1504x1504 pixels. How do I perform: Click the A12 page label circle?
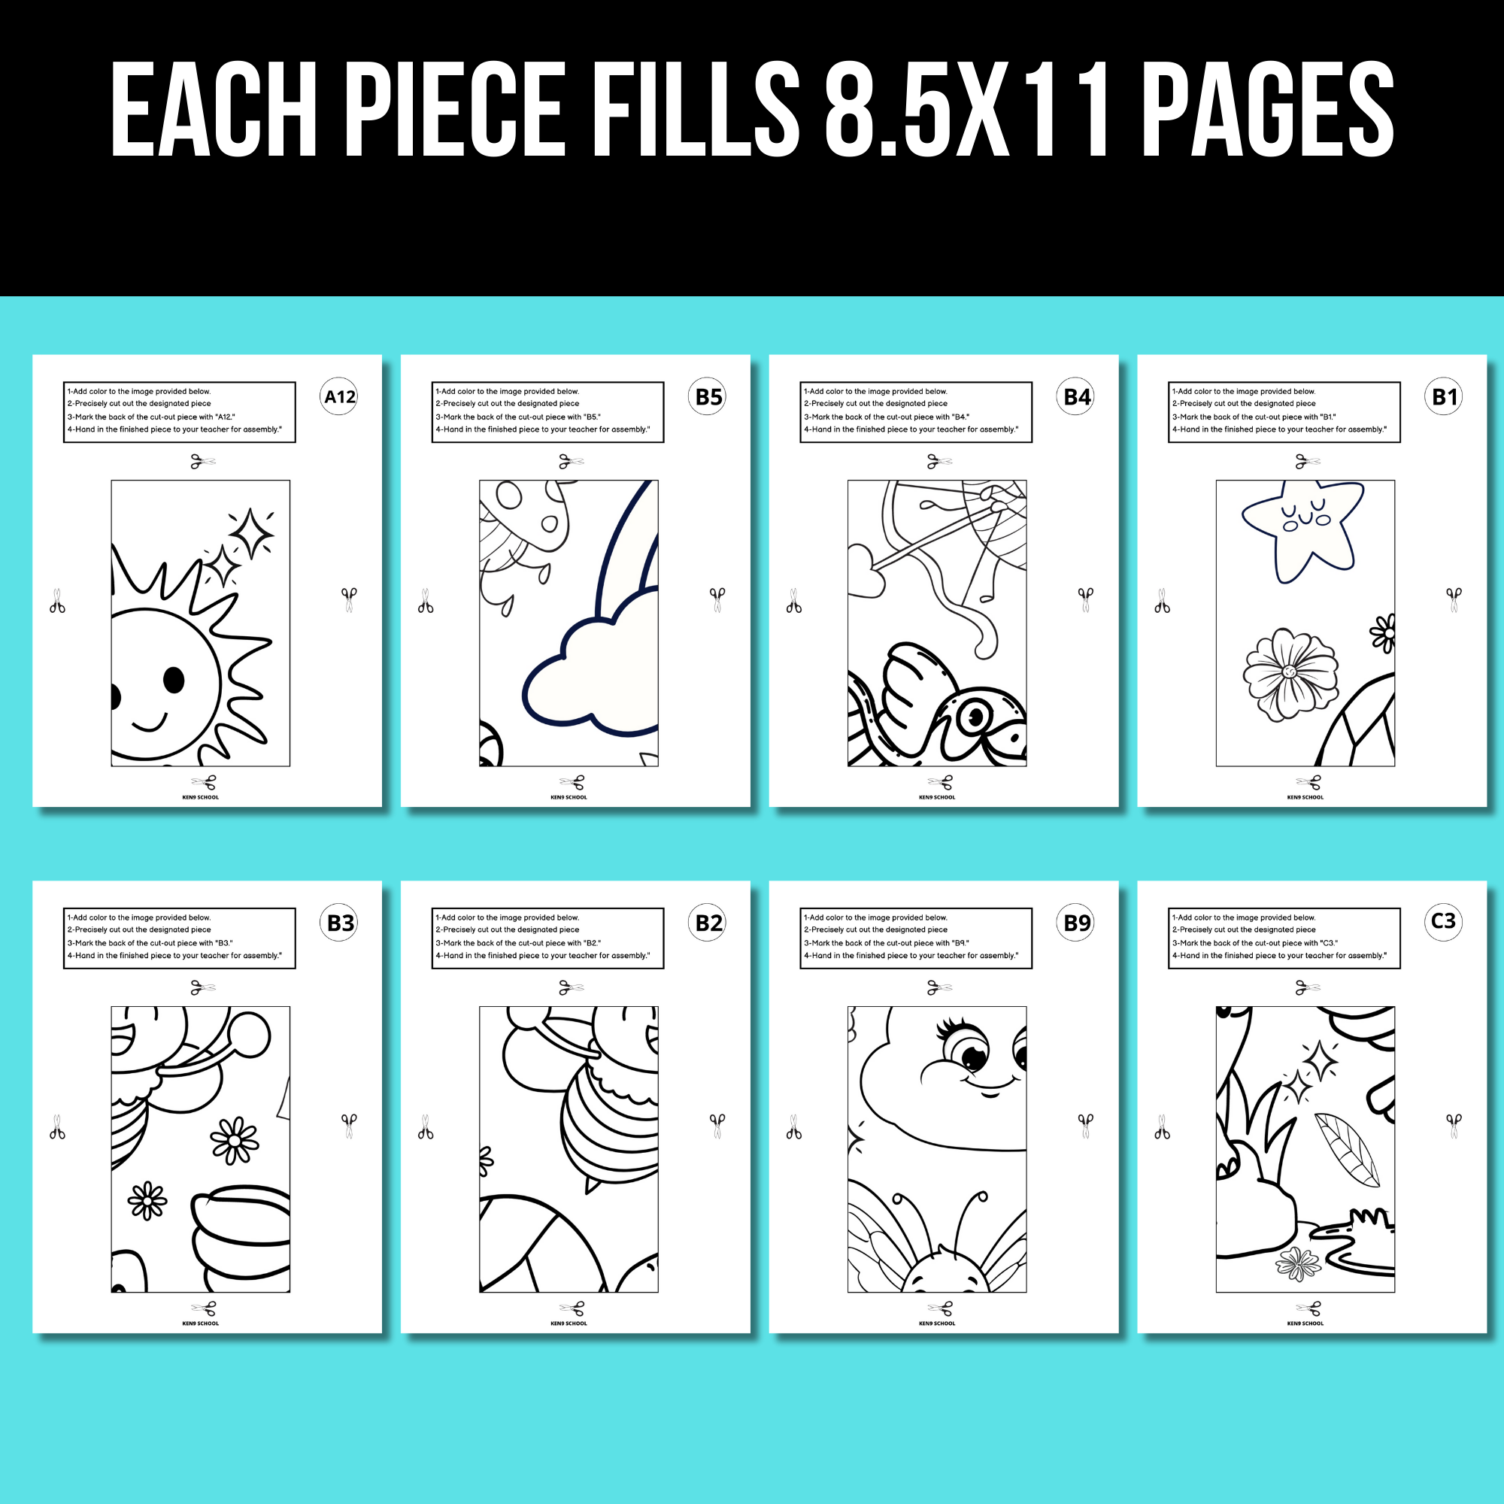click(339, 397)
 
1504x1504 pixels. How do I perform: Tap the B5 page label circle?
click(708, 397)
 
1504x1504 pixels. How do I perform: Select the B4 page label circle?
click(1077, 397)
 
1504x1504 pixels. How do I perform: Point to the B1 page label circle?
click(1445, 397)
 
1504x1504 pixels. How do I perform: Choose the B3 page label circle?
click(339, 923)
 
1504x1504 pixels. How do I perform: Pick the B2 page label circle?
click(708, 923)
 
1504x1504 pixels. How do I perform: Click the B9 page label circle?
click(1077, 923)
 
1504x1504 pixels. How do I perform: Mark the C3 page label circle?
click(1444, 921)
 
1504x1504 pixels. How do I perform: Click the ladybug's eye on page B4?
click(975, 717)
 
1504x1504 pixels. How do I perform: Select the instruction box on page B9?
click(915, 938)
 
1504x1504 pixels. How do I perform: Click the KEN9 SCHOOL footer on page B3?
click(200, 1324)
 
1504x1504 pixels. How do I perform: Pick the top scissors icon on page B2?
click(571, 988)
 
